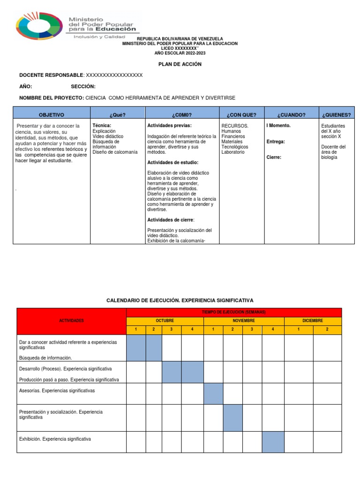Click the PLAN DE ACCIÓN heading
180,64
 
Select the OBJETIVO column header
52,114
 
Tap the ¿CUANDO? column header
291,114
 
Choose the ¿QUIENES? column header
336,114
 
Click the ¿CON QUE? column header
241,114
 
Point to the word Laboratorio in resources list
232,152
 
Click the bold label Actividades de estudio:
172,163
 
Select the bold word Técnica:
102,126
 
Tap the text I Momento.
278,126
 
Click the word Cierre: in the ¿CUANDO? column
274,157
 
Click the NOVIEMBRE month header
244,321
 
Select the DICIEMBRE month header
313,321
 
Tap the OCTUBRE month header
165,321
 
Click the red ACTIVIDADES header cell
71,321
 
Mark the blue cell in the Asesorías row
213,394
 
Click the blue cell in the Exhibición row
273,442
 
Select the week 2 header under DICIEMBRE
327,330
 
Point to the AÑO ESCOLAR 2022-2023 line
180,53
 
